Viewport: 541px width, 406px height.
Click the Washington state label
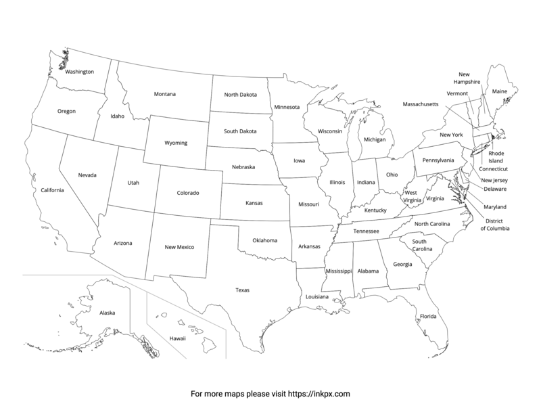pyautogui.click(x=80, y=71)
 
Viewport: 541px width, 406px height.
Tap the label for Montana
pyautogui.click(x=164, y=93)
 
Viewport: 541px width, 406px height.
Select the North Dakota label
pyautogui.click(x=239, y=95)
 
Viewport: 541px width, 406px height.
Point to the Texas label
pyautogui.click(x=242, y=290)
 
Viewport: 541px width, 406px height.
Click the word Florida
pyautogui.click(x=427, y=316)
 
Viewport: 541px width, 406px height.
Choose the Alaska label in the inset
pyautogui.click(x=107, y=313)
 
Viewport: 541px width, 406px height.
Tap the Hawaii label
pyautogui.click(x=177, y=338)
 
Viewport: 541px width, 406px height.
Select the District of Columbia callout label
pyautogui.click(x=495, y=224)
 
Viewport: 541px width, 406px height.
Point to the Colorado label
pyautogui.click(x=188, y=193)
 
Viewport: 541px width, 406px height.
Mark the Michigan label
pyautogui.click(x=374, y=139)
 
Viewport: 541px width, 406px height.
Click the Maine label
pyautogui.click(x=499, y=91)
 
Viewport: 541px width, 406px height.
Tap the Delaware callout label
pyautogui.click(x=496, y=189)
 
